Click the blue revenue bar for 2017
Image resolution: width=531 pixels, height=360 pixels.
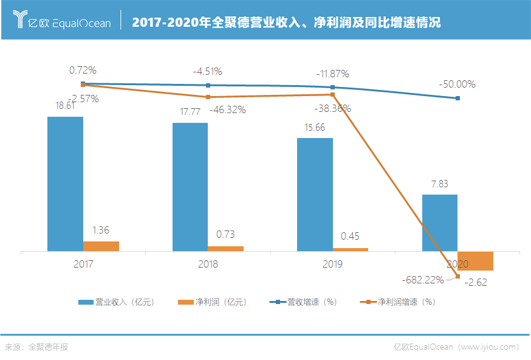(x=65, y=183)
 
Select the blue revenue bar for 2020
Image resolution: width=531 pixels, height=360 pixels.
(x=439, y=223)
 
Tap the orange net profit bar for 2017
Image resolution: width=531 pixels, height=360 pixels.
(x=101, y=246)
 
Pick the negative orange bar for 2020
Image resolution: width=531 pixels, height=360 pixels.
(x=475, y=261)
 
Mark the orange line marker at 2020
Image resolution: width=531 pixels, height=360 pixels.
(x=457, y=277)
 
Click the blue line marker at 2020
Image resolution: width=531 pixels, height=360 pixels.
(x=457, y=98)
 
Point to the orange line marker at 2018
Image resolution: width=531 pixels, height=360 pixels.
(x=208, y=97)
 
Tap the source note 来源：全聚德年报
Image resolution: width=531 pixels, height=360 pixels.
(x=36, y=347)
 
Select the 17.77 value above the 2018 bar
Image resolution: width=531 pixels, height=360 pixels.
(x=190, y=111)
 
